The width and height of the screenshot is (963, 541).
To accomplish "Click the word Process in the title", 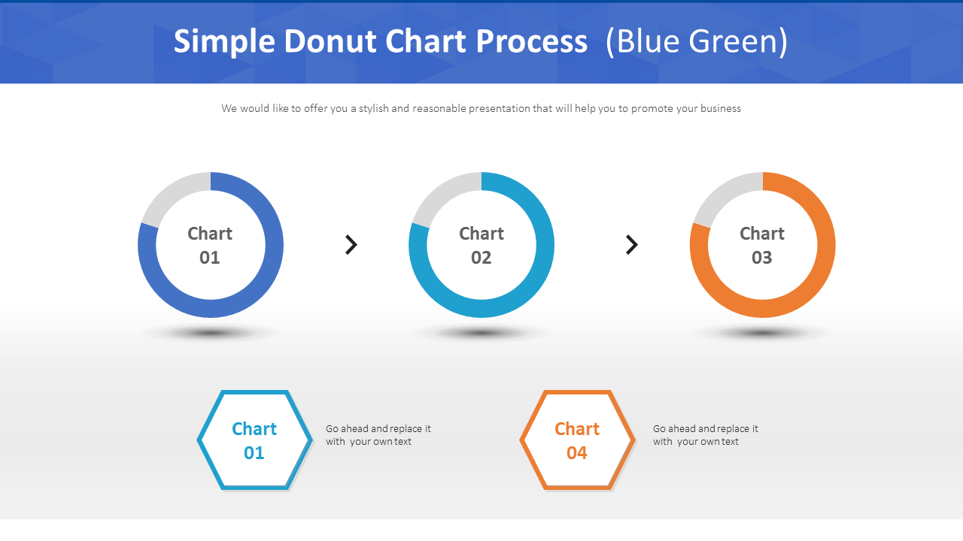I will pyautogui.click(x=531, y=42).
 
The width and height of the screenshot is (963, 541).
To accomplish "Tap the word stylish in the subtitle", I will pyautogui.click(x=373, y=108).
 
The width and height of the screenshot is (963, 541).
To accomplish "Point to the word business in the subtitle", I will pyautogui.click(x=720, y=108).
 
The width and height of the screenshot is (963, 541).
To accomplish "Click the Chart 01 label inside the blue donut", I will pyautogui.click(x=210, y=245).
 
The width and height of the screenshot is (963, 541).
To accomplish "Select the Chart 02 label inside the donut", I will pyautogui.click(x=481, y=245).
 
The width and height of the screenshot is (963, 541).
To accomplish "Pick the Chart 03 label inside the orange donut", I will pyautogui.click(x=762, y=245).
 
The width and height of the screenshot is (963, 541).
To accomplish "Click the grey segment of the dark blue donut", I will pyautogui.click(x=172, y=192).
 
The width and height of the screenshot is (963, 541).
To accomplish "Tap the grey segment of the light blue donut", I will pyautogui.click(x=442, y=192).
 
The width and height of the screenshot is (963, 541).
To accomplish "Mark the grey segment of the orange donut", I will pyautogui.click(x=723, y=192).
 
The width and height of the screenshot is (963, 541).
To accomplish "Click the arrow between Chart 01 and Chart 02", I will pyautogui.click(x=351, y=244).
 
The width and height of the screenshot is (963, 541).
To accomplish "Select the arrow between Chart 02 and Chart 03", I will pyautogui.click(x=632, y=244).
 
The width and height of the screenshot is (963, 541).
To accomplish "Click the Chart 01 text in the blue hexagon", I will pyautogui.click(x=254, y=440).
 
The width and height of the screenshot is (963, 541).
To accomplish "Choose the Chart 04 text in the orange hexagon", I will pyautogui.click(x=577, y=440).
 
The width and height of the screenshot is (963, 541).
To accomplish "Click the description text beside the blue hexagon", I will pyautogui.click(x=378, y=435).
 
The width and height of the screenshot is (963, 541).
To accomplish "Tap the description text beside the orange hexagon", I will pyautogui.click(x=705, y=435).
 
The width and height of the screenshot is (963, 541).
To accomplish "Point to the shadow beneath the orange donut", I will pyautogui.click(x=762, y=332).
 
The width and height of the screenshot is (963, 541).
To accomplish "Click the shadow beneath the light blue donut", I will pyautogui.click(x=481, y=332).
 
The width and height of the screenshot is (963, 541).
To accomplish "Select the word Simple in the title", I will pyautogui.click(x=224, y=42).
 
